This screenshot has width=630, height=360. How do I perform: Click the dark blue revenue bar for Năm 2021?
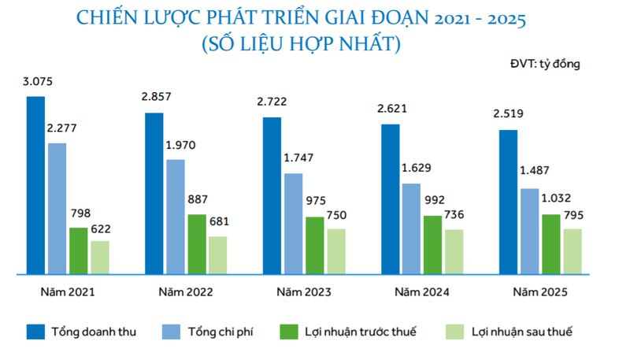[x=35, y=185]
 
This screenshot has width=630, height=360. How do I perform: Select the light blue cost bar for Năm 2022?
[x=176, y=217]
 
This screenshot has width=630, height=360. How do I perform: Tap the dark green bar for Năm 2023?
[x=315, y=245]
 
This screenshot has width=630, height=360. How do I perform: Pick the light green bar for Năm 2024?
[x=454, y=251]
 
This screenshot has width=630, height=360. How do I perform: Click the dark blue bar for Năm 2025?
[x=509, y=202]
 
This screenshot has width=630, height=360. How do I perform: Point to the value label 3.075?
[x=37, y=81]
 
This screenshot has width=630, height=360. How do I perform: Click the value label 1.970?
[x=180, y=145]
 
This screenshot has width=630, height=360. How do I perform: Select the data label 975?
[x=314, y=202]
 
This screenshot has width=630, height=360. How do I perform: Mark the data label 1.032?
[x=554, y=199]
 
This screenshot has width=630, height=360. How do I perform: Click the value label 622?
[x=100, y=228]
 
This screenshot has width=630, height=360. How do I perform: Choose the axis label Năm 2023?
[x=303, y=292]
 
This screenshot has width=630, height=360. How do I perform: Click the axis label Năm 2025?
[x=540, y=292]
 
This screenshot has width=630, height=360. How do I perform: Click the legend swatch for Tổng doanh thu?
[x=36, y=331]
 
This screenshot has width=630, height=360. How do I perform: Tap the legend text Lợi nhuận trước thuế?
[x=361, y=332]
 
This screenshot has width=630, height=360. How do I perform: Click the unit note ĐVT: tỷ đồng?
[x=544, y=64]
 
